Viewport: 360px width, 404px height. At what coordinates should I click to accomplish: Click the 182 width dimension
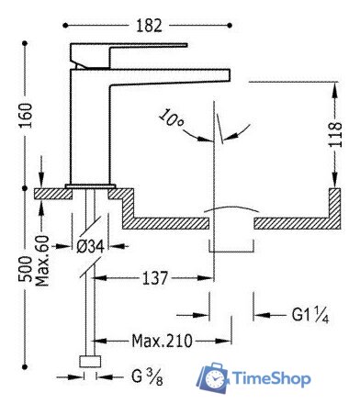click(149, 26)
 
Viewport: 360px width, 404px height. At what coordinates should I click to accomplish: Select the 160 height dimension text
click(26, 116)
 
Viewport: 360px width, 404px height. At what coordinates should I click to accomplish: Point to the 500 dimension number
click(25, 269)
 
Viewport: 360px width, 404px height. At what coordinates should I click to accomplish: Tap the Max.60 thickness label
click(42, 261)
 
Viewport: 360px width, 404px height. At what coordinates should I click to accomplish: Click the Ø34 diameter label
click(90, 246)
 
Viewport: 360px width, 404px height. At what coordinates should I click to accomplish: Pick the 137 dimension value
click(155, 278)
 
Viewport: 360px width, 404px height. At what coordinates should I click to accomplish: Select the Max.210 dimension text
click(163, 341)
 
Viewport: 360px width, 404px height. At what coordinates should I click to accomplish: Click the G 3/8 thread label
click(147, 377)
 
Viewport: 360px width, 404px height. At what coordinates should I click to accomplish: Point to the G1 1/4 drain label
click(310, 314)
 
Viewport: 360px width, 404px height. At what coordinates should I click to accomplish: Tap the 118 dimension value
click(335, 135)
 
